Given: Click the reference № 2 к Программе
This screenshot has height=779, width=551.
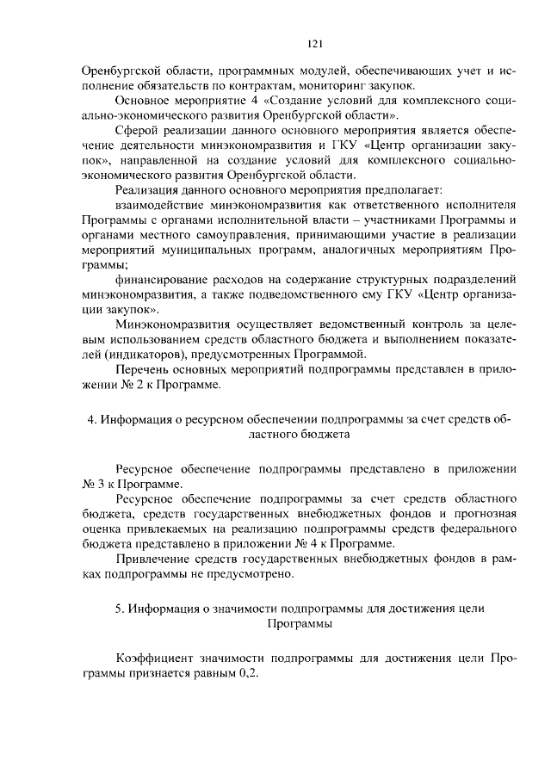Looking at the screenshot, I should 162,385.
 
